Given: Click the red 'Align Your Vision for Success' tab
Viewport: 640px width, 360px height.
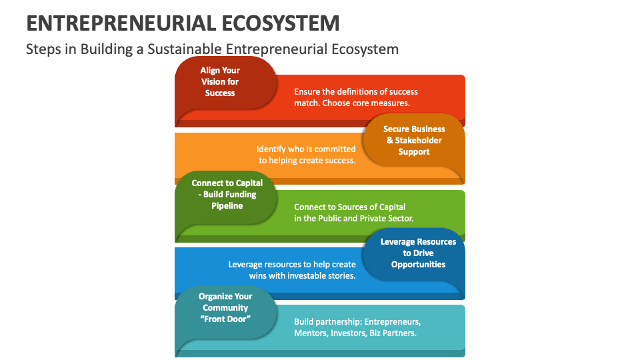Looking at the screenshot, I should coord(220,81).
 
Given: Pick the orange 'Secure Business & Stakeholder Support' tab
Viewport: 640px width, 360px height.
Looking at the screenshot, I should coord(414,140).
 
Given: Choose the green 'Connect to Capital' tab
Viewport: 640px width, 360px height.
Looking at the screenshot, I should coord(227,195).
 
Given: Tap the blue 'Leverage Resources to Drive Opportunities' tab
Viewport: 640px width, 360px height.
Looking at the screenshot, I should coord(418,253).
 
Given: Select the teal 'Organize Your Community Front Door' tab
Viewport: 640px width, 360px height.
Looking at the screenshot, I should coord(225,308).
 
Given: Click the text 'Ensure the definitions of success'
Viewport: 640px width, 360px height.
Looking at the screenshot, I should coord(356,92).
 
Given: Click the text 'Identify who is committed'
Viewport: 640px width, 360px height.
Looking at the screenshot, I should coord(306,149).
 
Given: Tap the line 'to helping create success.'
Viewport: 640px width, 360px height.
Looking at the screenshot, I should coord(307,160).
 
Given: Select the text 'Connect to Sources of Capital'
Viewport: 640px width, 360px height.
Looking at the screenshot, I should coord(349,207).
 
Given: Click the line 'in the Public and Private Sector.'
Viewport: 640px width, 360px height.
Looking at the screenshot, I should coord(353,218).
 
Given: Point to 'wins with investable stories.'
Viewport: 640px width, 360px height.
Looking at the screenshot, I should coord(302,275).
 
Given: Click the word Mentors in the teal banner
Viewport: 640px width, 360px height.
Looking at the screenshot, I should coord(311,333).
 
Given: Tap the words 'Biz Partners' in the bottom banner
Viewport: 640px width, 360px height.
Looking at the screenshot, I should coord(393,333).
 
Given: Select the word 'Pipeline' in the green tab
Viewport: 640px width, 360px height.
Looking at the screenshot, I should coord(227,206).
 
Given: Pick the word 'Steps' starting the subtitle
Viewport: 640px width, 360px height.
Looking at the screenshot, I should coord(41,49).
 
